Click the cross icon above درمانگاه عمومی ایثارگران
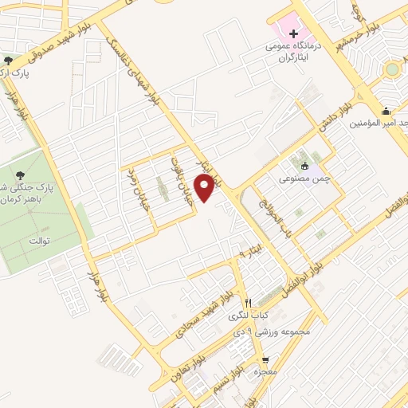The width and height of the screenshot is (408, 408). pyautogui.click(x=294, y=33)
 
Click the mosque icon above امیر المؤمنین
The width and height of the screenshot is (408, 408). pyautogui.click(x=386, y=111)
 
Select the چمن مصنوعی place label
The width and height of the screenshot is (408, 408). pyautogui.click(x=304, y=181)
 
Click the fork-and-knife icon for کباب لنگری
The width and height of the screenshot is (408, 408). pyautogui.click(x=248, y=304)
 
